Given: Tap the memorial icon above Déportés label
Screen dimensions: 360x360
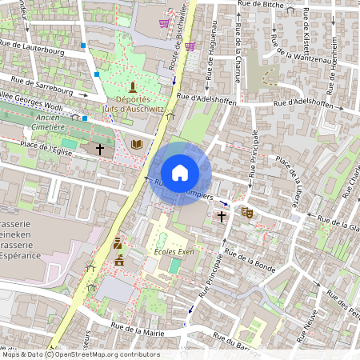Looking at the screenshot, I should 133,86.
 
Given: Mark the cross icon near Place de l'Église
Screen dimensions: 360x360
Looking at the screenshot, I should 100,149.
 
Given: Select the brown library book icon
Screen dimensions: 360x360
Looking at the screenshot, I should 137,145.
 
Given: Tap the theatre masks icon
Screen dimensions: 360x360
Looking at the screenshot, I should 247,214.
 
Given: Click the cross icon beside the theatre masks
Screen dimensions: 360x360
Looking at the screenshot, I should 222,217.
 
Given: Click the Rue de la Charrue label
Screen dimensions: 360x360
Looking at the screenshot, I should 240,48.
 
